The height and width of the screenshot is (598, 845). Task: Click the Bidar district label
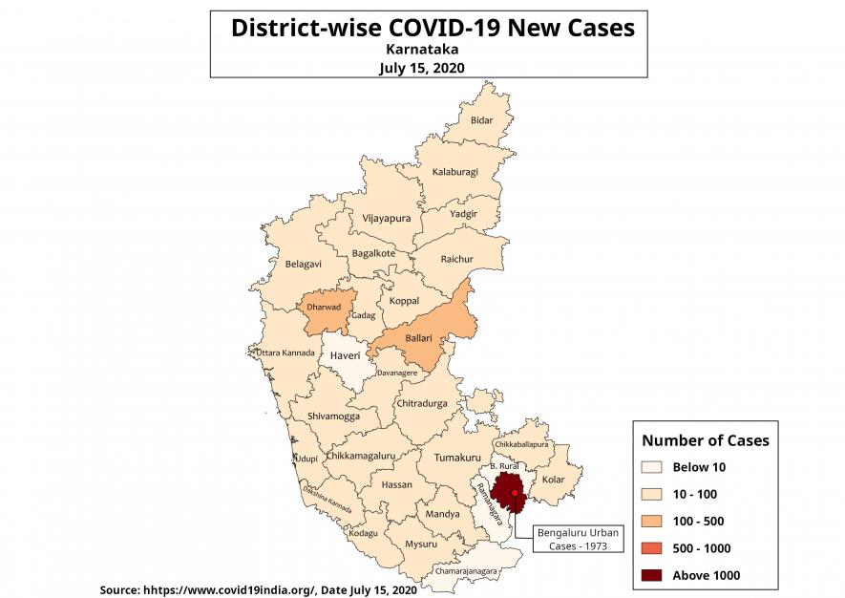click(482, 121)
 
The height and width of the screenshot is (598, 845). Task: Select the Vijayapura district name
click(387, 219)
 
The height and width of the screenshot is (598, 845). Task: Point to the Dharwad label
click(324, 308)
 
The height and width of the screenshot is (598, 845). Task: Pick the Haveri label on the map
click(345, 355)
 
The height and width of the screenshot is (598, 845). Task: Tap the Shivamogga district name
click(334, 417)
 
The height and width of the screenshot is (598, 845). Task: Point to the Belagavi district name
click(304, 264)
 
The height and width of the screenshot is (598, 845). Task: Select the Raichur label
click(456, 259)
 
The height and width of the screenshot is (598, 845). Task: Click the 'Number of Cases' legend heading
click(705, 440)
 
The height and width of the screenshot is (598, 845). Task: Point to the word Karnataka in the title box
click(421, 47)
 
